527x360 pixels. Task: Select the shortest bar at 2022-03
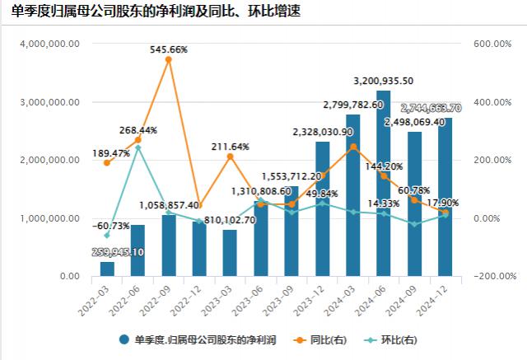(107, 269)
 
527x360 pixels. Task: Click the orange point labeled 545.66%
(169, 59)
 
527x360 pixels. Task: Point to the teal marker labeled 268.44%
(138, 147)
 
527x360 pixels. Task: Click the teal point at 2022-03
(107, 236)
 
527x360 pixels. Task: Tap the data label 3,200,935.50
(383, 81)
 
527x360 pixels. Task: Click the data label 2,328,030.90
(322, 131)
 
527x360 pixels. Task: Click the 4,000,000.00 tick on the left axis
(52, 44)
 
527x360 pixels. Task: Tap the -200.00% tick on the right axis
(492, 277)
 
